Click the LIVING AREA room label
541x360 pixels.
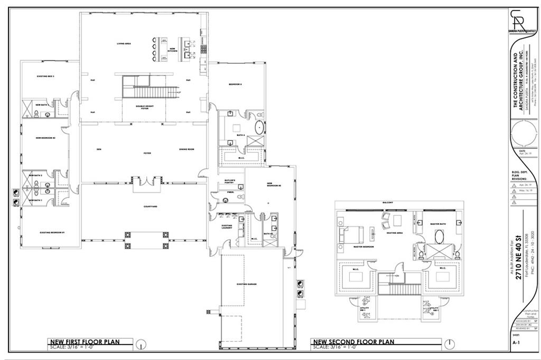coord(124,43)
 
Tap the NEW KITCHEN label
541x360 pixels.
coord(172,50)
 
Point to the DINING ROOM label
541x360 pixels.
coord(186,149)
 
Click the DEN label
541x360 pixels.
coord(99,149)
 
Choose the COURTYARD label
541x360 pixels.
coord(144,206)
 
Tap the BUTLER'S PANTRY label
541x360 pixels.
coord(229,182)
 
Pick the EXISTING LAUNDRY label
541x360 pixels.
coord(227,227)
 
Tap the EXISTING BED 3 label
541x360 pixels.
coord(46,77)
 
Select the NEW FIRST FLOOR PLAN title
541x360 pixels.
coord(84,342)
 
